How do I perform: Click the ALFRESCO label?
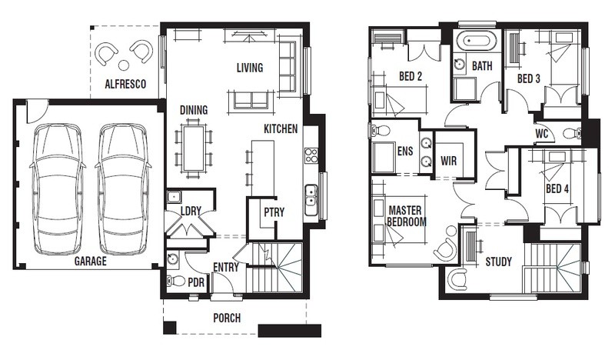(125, 84)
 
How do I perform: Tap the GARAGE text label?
(91, 261)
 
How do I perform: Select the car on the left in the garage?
(58, 188)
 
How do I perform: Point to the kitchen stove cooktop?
(311, 155)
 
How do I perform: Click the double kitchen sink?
(311, 200)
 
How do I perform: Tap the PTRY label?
(274, 212)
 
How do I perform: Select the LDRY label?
(191, 212)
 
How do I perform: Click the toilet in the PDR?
(176, 281)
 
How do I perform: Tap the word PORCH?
(227, 318)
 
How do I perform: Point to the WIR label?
(449, 161)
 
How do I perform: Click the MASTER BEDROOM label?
(407, 216)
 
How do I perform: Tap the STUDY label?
(498, 262)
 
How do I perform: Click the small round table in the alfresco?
(124, 65)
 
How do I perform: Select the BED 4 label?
(557, 188)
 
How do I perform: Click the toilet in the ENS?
(378, 131)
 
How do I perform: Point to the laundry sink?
(174, 196)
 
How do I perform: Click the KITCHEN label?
(281, 128)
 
